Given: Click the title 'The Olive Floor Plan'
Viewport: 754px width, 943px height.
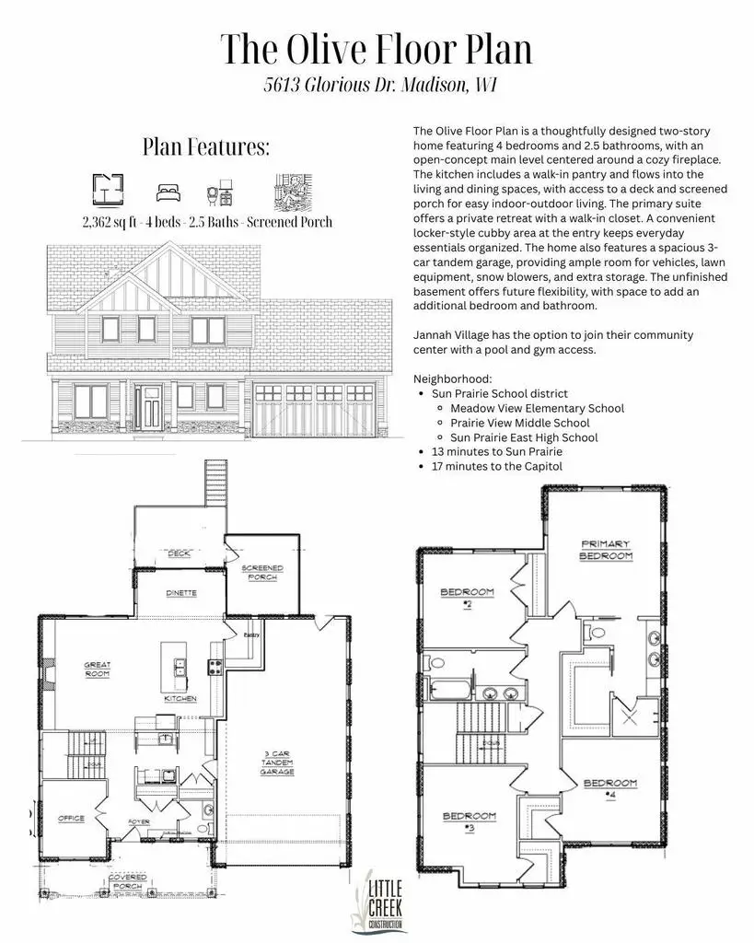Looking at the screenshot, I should [x=377, y=49].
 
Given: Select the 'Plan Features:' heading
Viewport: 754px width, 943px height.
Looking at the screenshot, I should [x=205, y=147].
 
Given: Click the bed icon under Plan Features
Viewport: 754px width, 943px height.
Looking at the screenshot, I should [x=167, y=192].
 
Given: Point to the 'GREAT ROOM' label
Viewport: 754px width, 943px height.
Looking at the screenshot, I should [x=97, y=669].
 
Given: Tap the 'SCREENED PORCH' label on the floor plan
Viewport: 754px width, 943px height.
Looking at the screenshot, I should [x=262, y=573].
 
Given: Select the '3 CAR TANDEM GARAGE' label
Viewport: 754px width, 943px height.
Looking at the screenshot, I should [x=277, y=762].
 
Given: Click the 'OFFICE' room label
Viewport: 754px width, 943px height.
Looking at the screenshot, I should [x=71, y=818].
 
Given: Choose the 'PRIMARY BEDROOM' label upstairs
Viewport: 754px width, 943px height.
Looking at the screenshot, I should [x=605, y=550].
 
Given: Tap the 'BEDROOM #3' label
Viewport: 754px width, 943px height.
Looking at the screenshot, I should [x=470, y=821].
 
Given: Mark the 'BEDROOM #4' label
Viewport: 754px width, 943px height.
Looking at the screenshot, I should [x=609, y=787].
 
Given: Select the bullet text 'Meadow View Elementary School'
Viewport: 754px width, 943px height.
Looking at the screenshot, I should [x=537, y=408].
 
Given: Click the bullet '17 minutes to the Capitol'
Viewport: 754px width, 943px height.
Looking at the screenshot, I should [x=497, y=467].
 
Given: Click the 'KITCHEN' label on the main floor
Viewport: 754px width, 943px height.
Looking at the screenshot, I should [x=180, y=699].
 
